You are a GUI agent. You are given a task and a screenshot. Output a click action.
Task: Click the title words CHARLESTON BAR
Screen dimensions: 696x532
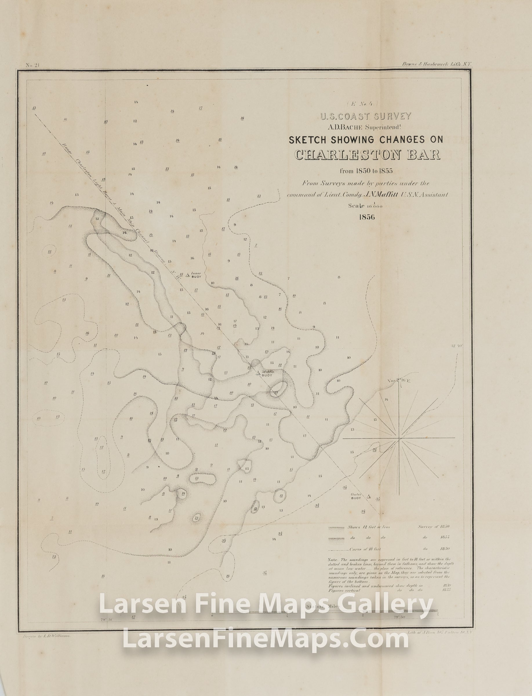367,155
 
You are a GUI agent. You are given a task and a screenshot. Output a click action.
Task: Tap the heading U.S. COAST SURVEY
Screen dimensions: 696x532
366,116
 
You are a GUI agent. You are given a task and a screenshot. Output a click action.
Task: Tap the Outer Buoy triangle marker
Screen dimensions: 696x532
368,496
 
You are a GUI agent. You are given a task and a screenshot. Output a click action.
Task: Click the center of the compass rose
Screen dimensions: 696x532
399,439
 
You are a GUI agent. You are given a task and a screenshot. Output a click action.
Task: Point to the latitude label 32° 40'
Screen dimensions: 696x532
457,346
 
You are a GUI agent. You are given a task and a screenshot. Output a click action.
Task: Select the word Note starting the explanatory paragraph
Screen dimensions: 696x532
333,559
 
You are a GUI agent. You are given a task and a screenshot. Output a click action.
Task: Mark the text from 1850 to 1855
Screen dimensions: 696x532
366,171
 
